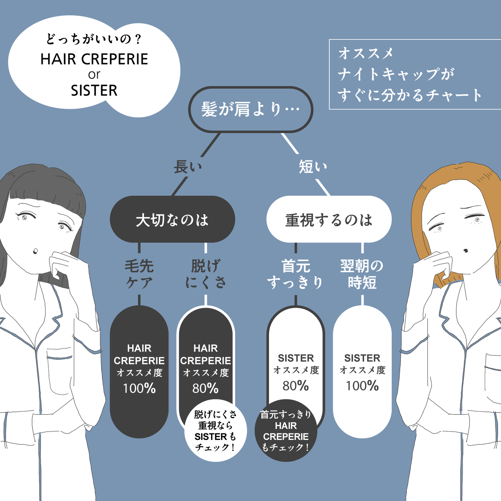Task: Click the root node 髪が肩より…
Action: (x=251, y=109)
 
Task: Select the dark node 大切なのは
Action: (x=172, y=219)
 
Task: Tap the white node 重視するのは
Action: (x=329, y=219)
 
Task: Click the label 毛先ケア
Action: (x=139, y=274)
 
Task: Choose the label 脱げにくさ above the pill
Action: (x=206, y=274)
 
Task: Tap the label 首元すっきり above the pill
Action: (x=295, y=274)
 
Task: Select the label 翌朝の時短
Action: (x=362, y=274)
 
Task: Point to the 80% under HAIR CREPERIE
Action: (x=205, y=388)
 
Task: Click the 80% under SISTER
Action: (x=296, y=386)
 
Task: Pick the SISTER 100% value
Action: (x=362, y=386)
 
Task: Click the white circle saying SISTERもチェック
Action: (x=215, y=431)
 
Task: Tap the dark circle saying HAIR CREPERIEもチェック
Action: (x=286, y=431)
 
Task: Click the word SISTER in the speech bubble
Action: (x=94, y=91)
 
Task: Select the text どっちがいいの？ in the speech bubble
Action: (x=94, y=39)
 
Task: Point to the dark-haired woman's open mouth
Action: (x=35, y=251)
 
